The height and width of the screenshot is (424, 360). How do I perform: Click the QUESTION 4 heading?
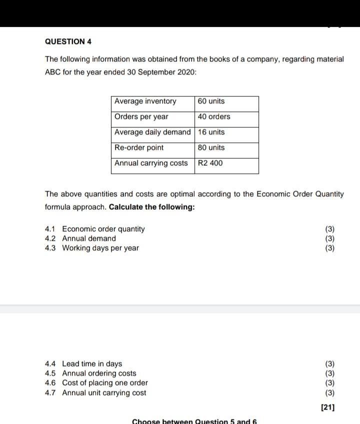point(68,41)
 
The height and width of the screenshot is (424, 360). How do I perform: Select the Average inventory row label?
point(145,101)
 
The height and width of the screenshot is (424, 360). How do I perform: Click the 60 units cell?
point(211,101)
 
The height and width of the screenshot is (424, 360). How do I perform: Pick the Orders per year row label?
point(141,117)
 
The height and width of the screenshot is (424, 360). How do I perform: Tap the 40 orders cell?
point(214,117)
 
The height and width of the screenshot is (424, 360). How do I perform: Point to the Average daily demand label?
point(152,132)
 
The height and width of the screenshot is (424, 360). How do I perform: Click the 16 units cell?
point(211,132)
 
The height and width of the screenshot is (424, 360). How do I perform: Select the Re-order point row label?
point(139,148)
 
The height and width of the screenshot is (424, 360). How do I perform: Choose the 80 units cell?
point(211,148)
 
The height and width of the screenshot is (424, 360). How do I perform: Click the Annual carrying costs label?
point(151,163)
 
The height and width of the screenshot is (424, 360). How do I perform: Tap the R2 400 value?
point(210,163)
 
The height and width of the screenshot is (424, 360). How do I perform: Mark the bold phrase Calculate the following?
point(151,207)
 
